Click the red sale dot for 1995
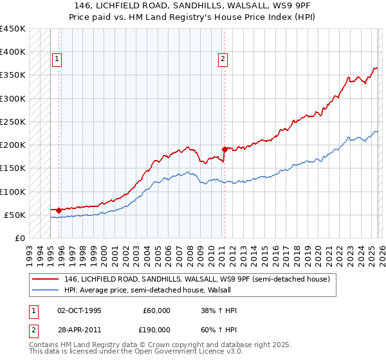(x=59, y=210)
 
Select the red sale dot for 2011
(x=225, y=149)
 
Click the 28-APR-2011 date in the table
(x=78, y=329)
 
